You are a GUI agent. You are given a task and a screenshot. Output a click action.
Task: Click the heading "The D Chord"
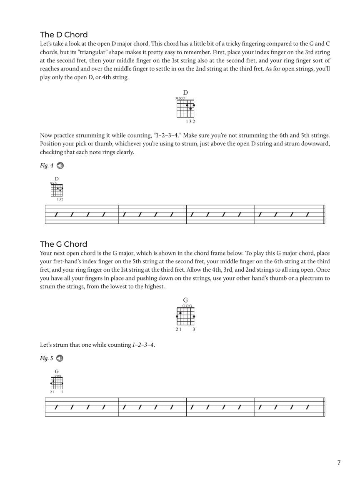pos(64,35)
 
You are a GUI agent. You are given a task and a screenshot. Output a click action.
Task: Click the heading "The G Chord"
pos(64,244)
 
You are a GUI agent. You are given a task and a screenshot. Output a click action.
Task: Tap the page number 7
pos(339,462)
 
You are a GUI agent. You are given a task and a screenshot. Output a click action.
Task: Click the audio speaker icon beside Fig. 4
pos(60,166)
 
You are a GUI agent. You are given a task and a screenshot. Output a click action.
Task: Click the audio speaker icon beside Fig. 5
pos(60,358)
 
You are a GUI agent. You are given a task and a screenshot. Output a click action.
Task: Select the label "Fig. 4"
pos(47,166)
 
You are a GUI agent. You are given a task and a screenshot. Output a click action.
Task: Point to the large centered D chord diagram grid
pos(185,108)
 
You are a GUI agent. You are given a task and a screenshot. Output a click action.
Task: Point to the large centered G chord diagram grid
pos(185,316)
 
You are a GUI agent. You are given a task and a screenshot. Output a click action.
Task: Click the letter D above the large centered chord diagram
pos(185,92)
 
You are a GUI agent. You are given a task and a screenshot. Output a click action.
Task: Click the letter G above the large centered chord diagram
pos(185,300)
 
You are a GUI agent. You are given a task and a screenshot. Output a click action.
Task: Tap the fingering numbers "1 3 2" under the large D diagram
pos(190,122)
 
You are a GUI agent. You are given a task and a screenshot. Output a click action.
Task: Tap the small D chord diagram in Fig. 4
pos(57,190)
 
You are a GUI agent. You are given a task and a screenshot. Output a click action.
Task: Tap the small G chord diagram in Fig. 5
pos(57,382)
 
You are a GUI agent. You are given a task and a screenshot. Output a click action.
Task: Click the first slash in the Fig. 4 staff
pos(55,215)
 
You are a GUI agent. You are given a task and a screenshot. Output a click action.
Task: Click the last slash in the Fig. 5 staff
pos(307,407)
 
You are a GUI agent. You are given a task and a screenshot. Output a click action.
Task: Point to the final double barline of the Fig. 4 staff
pos(324,215)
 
